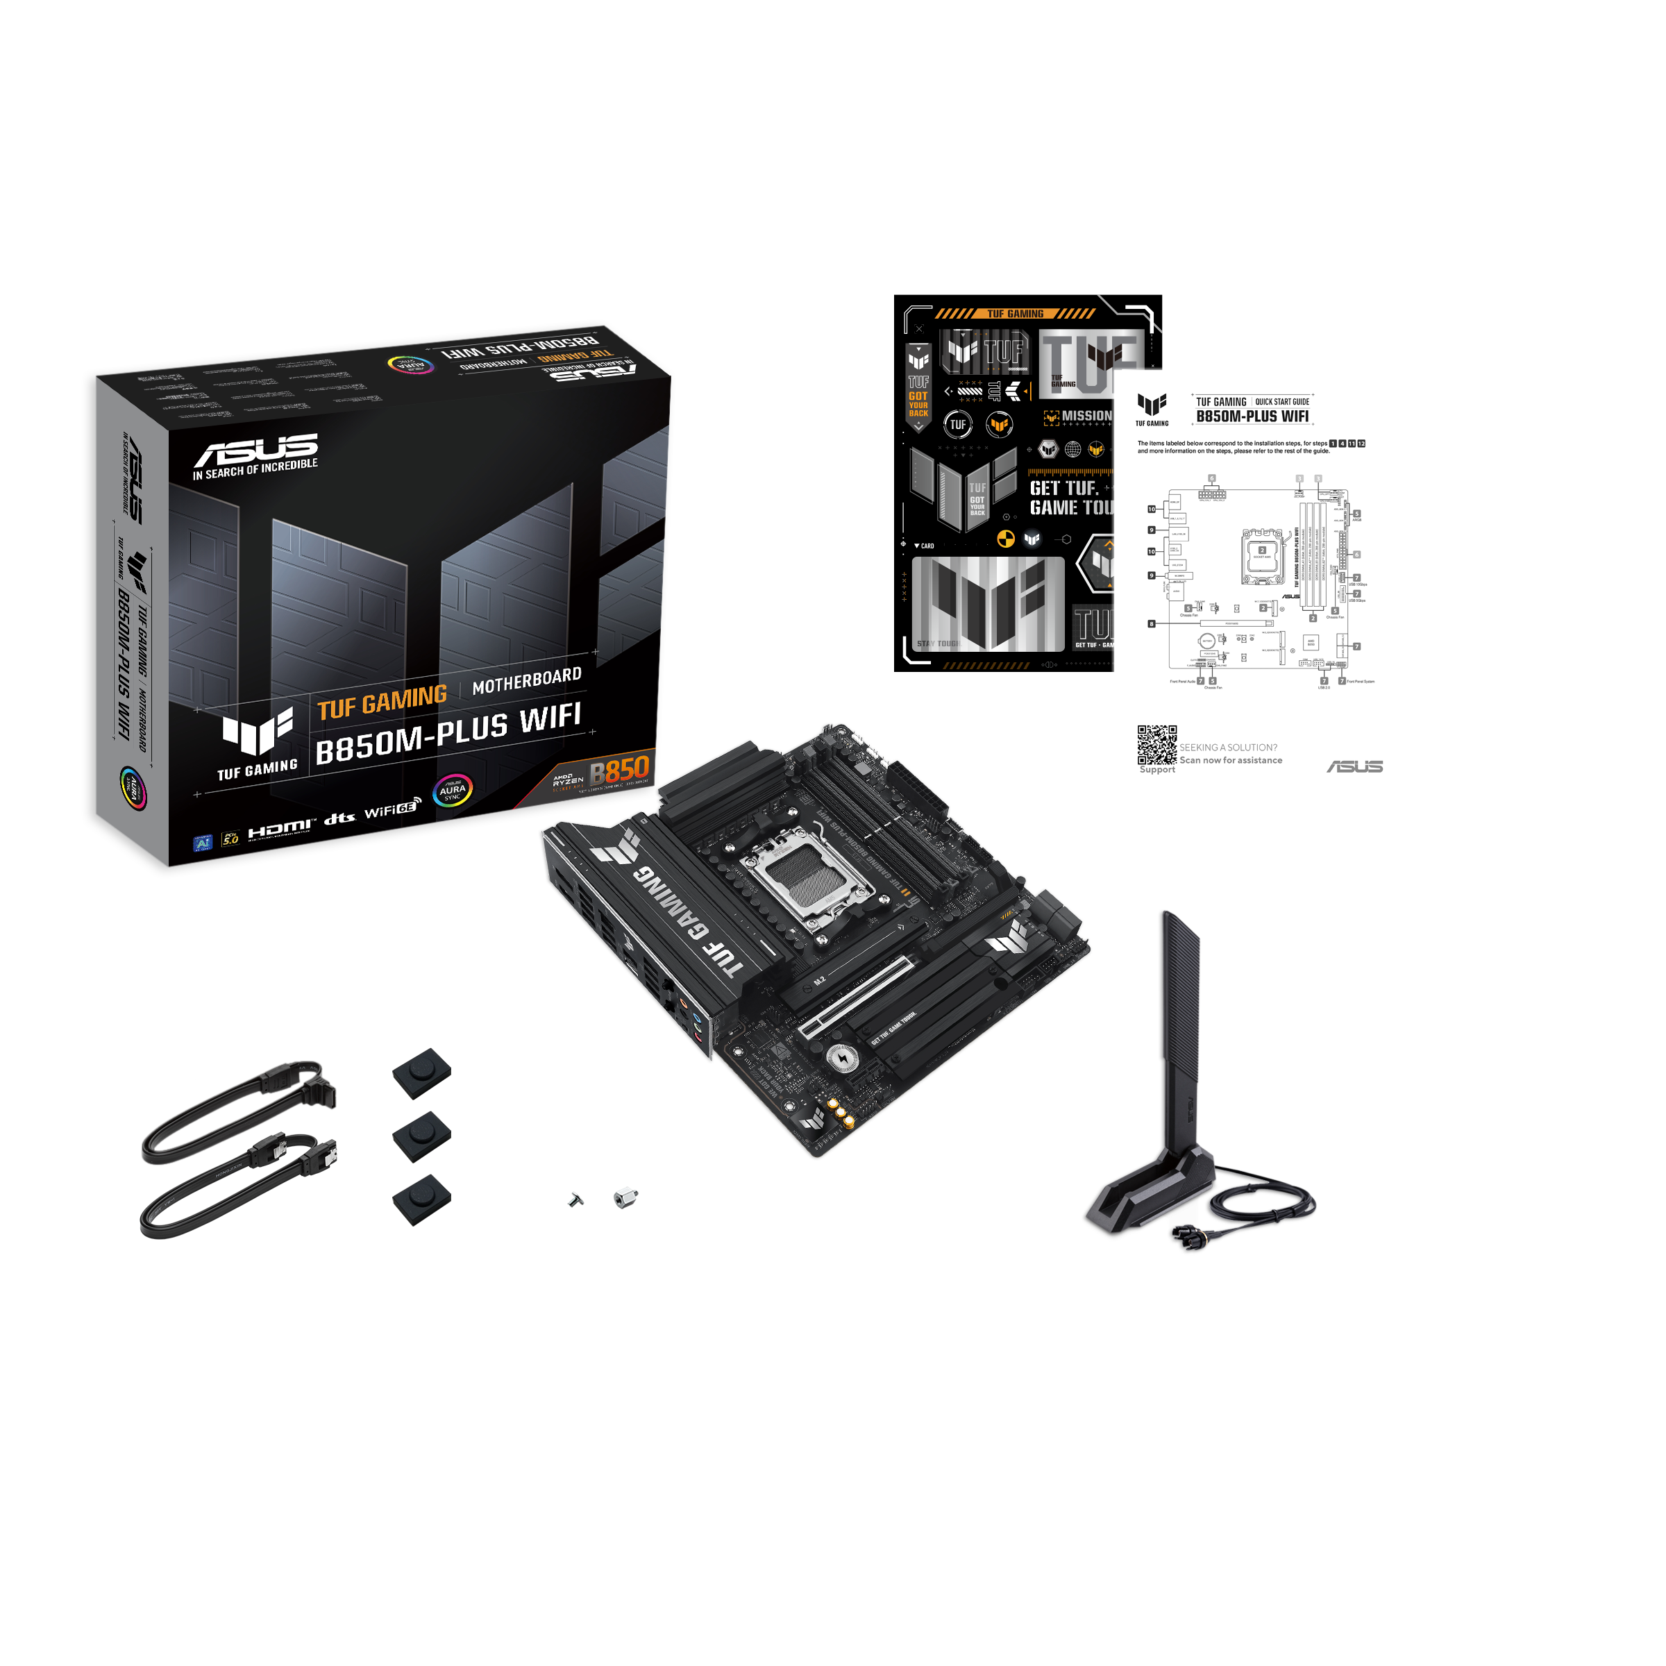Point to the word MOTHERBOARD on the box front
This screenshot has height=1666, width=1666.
click(527, 680)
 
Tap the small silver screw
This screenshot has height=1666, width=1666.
click(576, 1200)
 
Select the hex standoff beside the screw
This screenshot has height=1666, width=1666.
click(625, 1197)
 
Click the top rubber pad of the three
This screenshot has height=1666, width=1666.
click(421, 1072)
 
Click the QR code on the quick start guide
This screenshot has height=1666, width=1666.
click(1156, 745)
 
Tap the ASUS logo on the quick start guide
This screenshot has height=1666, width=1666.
click(1355, 766)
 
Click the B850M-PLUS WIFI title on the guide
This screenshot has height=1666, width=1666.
click(1252, 416)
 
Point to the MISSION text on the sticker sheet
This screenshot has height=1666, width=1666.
click(1086, 416)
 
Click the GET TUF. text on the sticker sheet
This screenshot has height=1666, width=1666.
click(1063, 488)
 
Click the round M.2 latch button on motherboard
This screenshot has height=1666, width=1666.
click(841, 1058)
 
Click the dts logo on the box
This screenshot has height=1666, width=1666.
click(339, 818)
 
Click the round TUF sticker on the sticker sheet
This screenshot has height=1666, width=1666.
click(958, 424)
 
